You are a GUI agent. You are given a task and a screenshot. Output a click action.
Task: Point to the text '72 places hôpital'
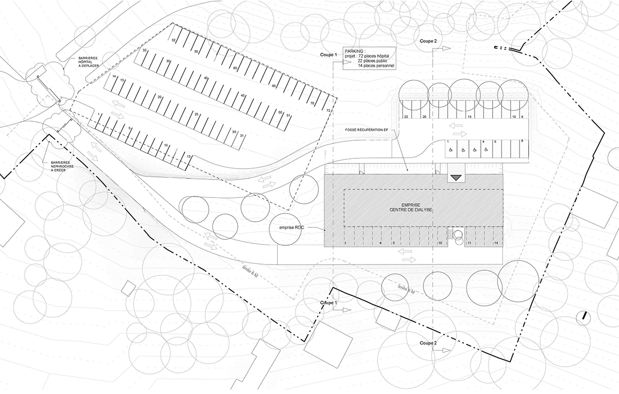(x=373, y=56)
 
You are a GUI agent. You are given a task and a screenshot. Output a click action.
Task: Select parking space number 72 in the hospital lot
(x=328, y=110)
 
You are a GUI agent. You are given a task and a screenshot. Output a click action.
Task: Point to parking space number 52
(x=174, y=40)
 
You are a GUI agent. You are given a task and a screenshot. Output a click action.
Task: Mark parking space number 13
(x=189, y=156)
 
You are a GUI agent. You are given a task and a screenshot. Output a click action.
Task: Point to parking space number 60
(x=235, y=68)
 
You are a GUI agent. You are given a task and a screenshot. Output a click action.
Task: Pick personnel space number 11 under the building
(x=470, y=242)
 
